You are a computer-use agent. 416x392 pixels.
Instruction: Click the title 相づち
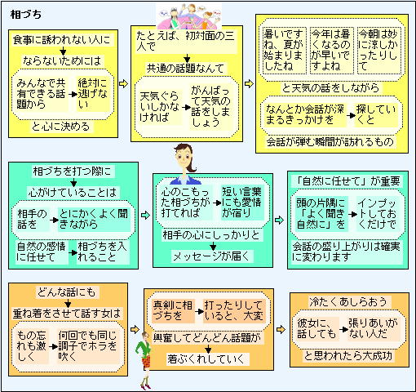click(x=26, y=15)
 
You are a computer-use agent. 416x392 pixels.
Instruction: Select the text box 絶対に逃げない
click(x=92, y=94)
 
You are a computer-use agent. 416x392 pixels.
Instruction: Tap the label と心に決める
click(x=60, y=127)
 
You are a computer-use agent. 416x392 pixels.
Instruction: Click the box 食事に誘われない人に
click(x=62, y=40)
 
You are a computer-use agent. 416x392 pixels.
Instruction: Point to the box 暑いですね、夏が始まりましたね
click(x=284, y=50)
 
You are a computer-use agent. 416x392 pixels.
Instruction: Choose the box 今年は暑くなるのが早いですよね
click(x=332, y=50)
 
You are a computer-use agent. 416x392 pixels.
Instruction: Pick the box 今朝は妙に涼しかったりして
click(x=379, y=50)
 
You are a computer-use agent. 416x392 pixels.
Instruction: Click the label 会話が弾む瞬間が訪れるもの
click(x=330, y=142)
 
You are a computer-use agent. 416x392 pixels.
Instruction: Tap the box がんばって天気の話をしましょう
click(x=210, y=106)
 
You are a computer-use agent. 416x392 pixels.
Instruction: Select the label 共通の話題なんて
click(x=185, y=68)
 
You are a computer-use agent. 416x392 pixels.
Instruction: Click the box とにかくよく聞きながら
click(x=94, y=219)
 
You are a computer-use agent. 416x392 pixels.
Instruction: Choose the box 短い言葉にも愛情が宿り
click(x=242, y=203)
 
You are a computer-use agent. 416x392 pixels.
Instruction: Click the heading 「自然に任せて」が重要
click(x=347, y=181)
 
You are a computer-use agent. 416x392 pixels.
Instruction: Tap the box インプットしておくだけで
click(x=377, y=214)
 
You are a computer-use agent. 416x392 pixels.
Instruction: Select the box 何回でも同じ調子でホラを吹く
click(x=87, y=346)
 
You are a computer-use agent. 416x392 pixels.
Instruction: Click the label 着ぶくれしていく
click(x=206, y=359)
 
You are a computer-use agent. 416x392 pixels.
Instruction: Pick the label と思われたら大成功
click(x=347, y=355)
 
